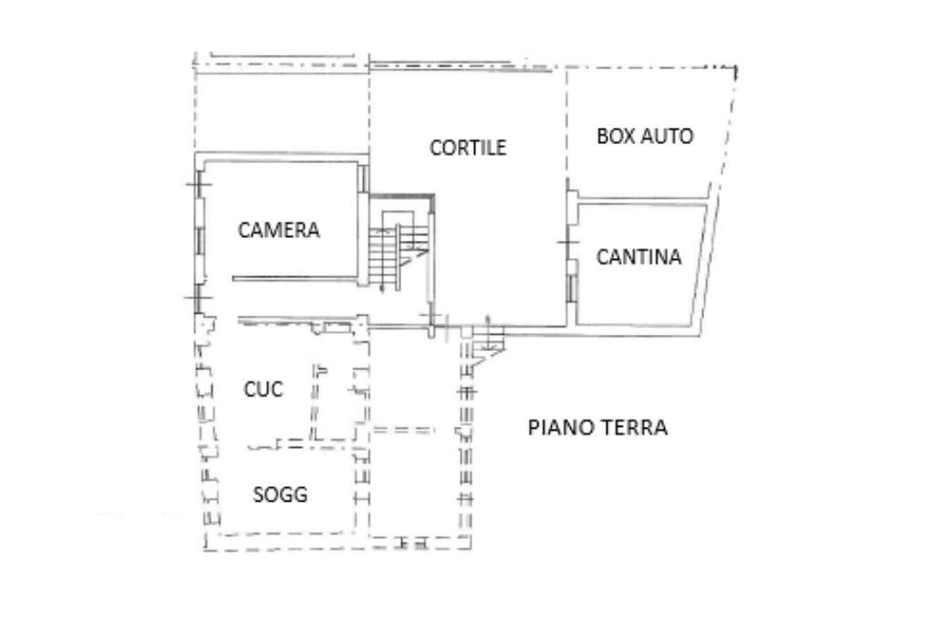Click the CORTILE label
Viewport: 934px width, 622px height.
coord(468,148)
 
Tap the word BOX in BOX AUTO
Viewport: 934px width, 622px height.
coord(613,137)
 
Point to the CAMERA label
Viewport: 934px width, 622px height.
coord(279,230)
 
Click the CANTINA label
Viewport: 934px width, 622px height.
coord(638,257)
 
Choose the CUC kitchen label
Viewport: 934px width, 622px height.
coord(264,389)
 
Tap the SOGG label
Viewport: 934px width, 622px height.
coord(280,495)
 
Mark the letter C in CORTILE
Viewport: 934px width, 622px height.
coord(436,148)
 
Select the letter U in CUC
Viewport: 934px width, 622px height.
coord(264,389)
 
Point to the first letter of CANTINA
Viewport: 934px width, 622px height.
coord(602,257)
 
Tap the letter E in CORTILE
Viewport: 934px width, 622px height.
coord(501,148)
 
